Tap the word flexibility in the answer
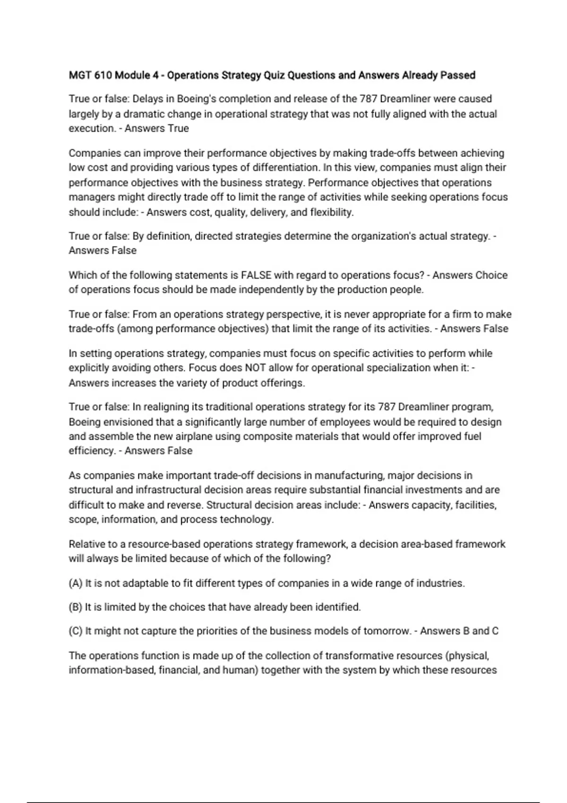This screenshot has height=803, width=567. pos(331,213)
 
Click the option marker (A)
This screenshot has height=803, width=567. pos(76,583)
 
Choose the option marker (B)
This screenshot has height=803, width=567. pos(76,607)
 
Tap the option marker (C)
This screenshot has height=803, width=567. pos(76,632)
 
